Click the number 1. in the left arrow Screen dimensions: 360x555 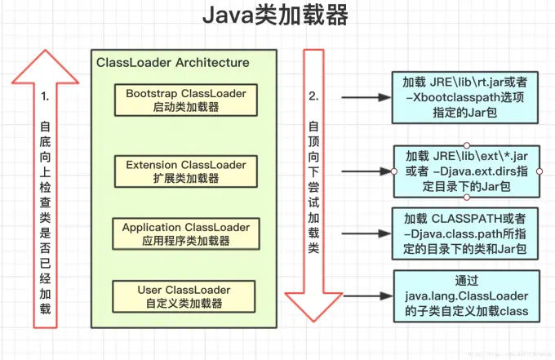click(x=45, y=96)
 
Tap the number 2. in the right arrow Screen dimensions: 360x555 click(x=313, y=96)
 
